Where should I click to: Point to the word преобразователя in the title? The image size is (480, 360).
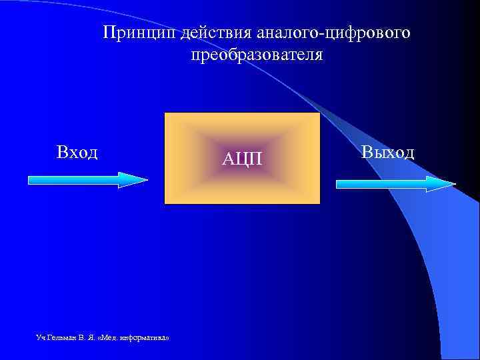(257, 55)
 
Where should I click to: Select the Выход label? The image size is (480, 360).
(388, 152)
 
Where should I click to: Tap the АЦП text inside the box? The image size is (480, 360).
(243, 159)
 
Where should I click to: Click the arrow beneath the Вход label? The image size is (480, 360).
(87, 180)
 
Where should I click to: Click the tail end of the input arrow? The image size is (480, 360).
(31, 180)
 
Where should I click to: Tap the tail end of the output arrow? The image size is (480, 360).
(339, 183)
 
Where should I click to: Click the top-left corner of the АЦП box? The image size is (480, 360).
(165, 113)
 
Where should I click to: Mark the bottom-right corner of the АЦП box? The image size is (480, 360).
(320, 203)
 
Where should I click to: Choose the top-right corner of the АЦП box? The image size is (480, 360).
(320, 113)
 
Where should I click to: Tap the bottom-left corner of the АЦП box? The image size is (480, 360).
(165, 203)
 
